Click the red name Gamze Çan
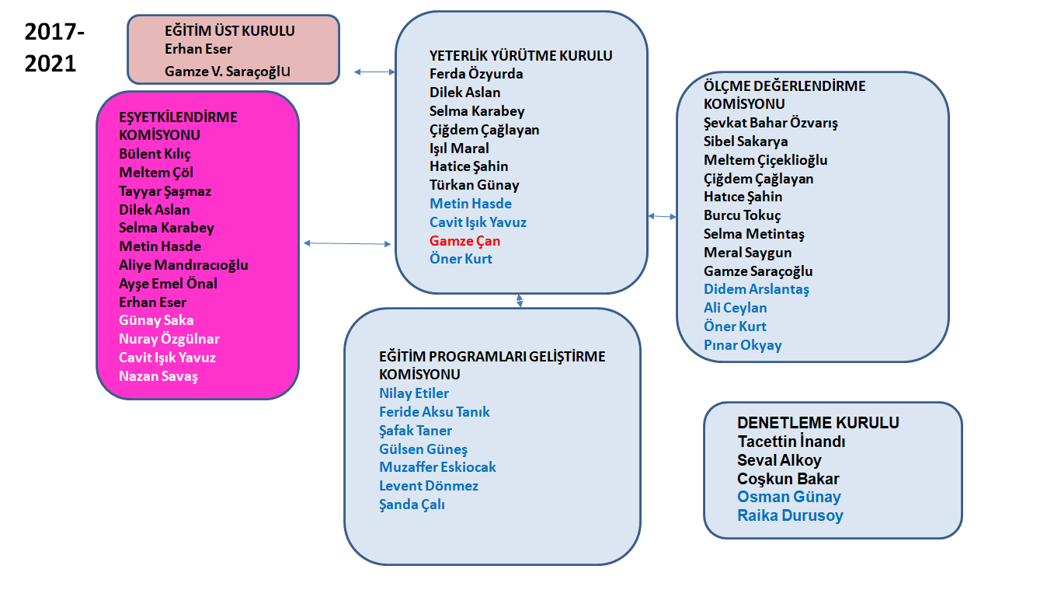tap(464, 241)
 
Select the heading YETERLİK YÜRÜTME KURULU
tap(520, 56)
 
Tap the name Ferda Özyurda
tap(476, 75)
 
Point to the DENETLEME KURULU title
tap(818, 423)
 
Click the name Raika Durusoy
tap(790, 515)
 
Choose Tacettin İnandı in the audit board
tap(791, 442)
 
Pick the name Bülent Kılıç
tap(155, 154)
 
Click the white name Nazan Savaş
tap(158, 376)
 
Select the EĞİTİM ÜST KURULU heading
tap(230, 32)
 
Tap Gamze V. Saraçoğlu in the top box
tap(228, 72)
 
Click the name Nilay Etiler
tap(414, 393)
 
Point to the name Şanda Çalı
tap(412, 504)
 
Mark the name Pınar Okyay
tap(743, 345)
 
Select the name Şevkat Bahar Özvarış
tap(771, 123)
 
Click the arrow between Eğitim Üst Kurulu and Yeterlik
tap(374, 72)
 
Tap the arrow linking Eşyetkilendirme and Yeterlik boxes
tap(347, 244)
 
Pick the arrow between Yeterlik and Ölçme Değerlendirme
tap(662, 216)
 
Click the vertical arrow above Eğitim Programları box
tap(520, 300)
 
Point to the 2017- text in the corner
tap(54, 33)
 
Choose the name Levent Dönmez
tap(429, 486)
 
